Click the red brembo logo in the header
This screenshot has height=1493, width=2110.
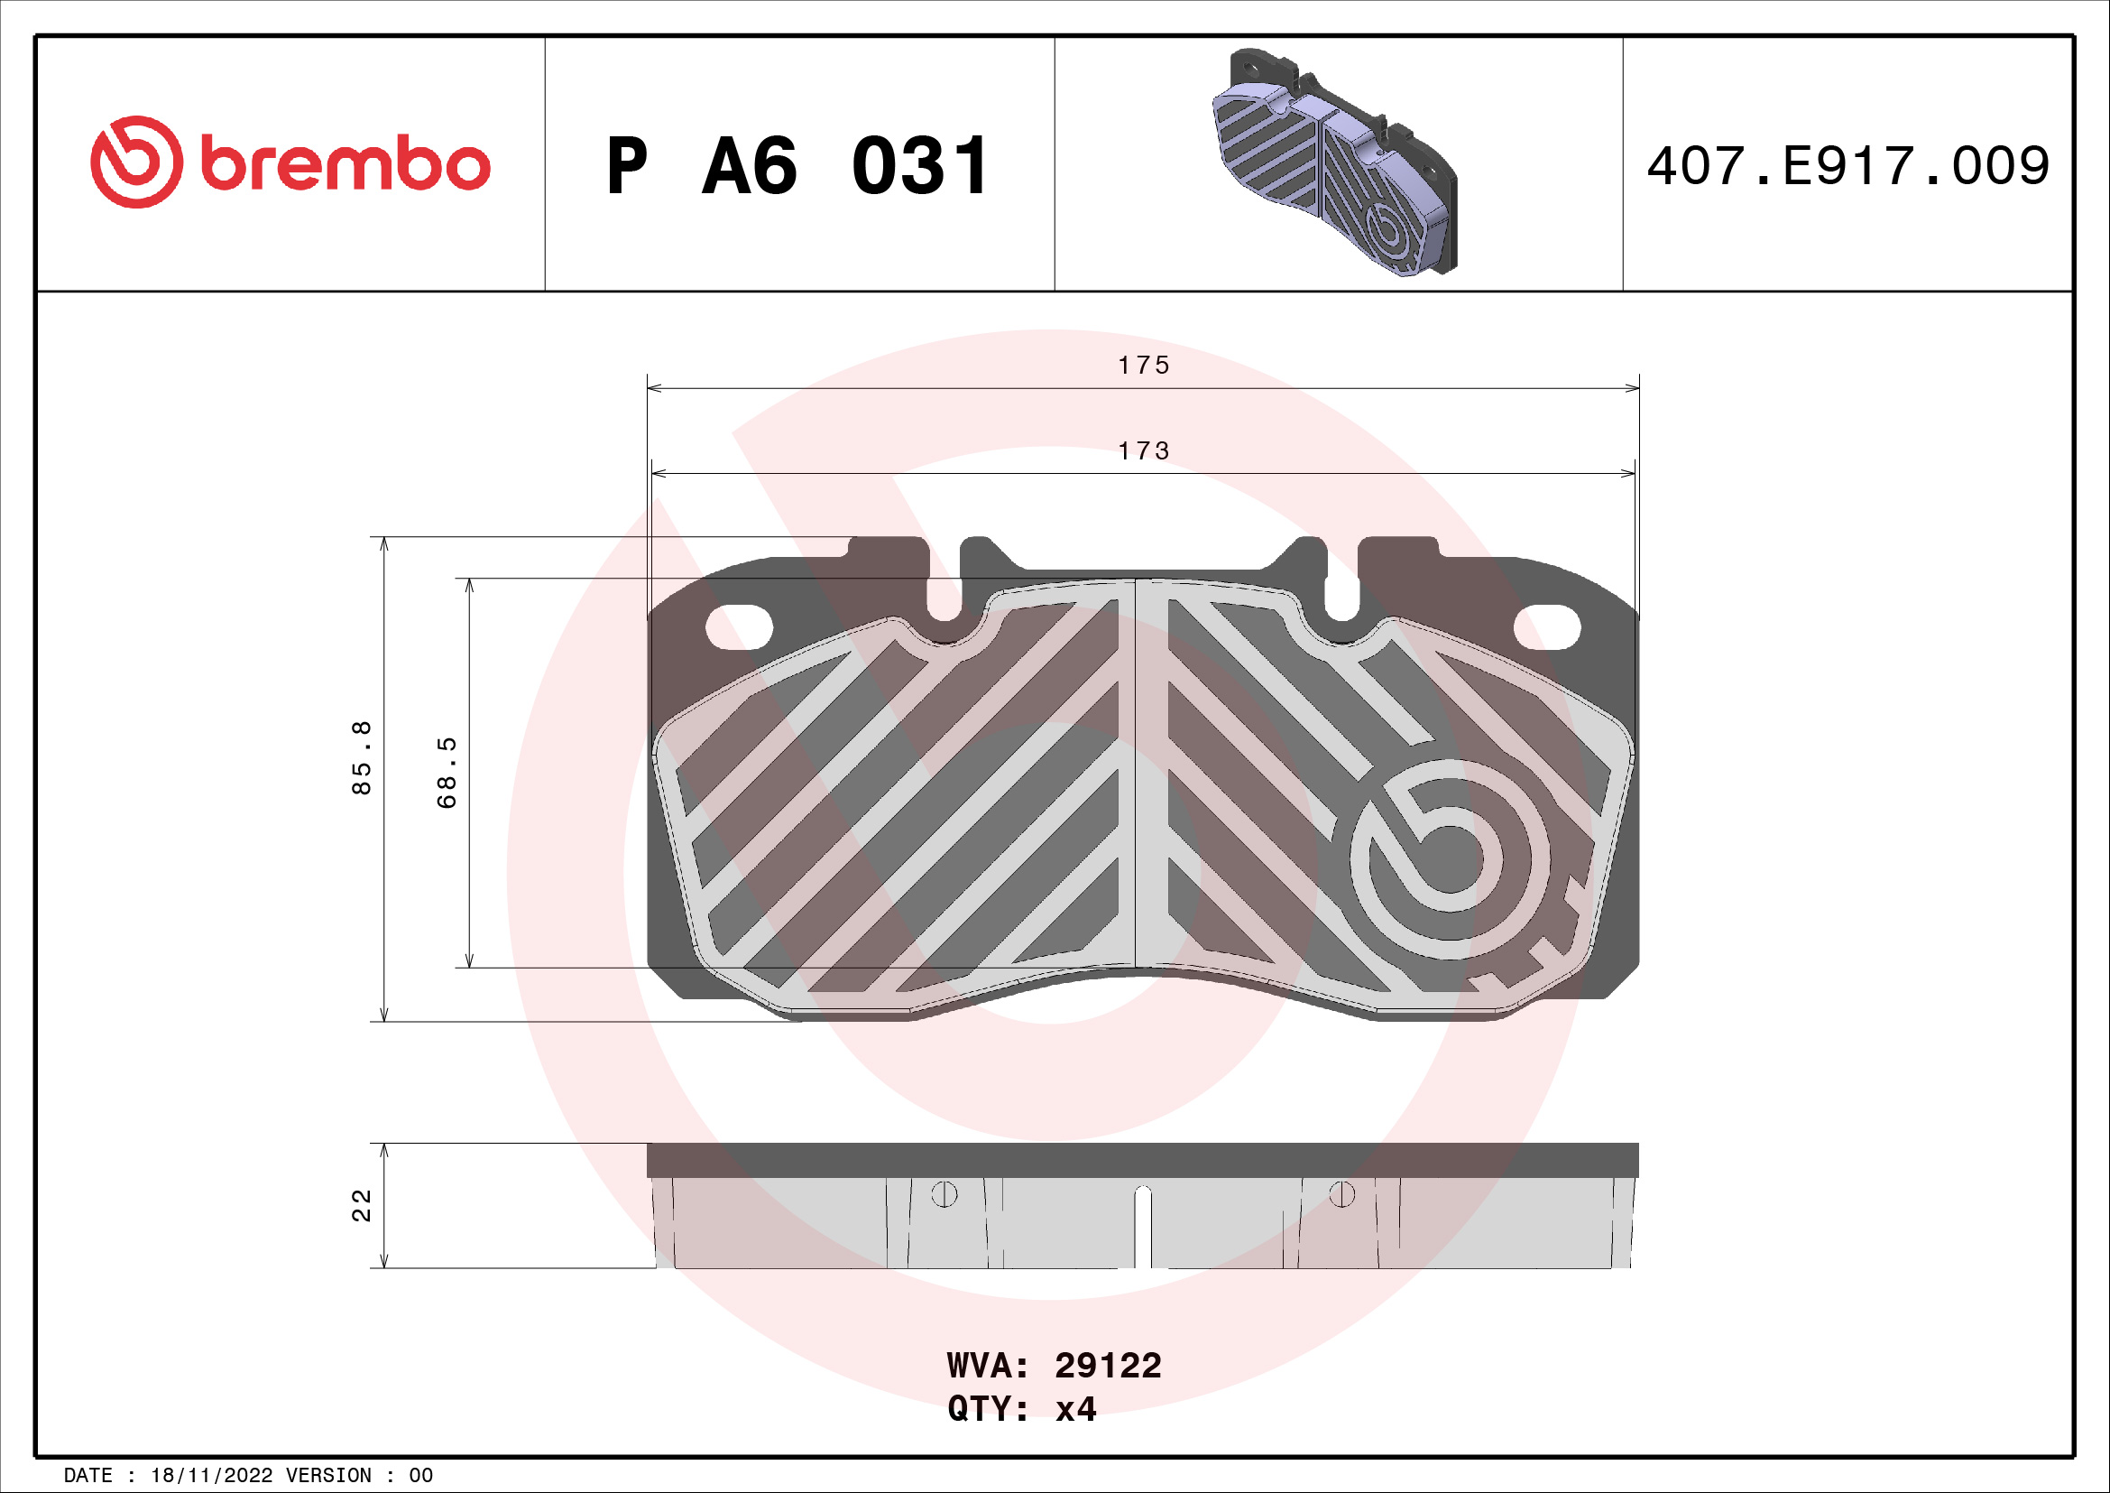pos(290,162)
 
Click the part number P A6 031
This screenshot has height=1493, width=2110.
pos(797,166)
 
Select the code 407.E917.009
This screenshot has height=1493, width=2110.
pos(1847,166)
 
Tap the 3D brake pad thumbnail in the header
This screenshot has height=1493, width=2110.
pos(1335,162)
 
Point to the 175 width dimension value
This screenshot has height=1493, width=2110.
pos(1143,366)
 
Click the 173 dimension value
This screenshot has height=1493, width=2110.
pos(1143,451)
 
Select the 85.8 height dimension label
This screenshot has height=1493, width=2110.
pos(362,757)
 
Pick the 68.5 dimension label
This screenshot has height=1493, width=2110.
pos(447,773)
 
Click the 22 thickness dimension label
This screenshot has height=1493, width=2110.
pos(362,1205)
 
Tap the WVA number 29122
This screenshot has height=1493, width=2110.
pos(1108,1366)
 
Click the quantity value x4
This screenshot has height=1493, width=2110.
pos(1075,1409)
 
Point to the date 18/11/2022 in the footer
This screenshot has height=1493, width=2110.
pos(211,1476)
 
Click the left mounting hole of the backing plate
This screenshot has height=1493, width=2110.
pos(739,628)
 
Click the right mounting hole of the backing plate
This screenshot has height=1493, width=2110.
pos(1547,628)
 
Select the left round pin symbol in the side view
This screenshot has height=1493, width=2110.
pos(944,1194)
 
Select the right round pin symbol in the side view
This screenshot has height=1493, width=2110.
pos(1341,1194)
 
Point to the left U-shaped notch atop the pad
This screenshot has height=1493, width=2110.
pos(944,598)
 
